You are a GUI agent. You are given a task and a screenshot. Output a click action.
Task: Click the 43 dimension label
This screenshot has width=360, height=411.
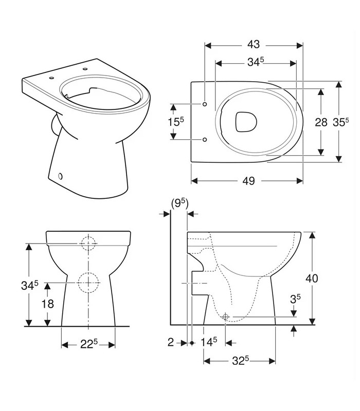[x=254, y=44]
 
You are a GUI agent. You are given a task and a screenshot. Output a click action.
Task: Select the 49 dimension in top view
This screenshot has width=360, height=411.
[x=248, y=181]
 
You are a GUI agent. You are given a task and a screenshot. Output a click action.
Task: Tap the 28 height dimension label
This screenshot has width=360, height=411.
[x=321, y=122]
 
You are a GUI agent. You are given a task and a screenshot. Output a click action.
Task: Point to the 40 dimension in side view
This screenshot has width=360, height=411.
[x=312, y=278]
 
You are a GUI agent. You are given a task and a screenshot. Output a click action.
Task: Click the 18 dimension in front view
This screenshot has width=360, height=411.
[x=47, y=304]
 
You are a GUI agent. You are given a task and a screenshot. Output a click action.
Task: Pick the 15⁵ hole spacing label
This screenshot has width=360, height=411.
[x=176, y=121]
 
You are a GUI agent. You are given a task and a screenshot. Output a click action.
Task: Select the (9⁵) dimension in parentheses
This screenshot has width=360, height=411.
[x=179, y=203]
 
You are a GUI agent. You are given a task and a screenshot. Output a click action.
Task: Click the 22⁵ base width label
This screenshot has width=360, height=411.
[x=88, y=344]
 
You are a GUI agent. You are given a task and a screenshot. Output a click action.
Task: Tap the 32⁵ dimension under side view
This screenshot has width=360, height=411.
[x=240, y=361]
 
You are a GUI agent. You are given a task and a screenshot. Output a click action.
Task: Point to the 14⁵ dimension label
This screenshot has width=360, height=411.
[x=209, y=342]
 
